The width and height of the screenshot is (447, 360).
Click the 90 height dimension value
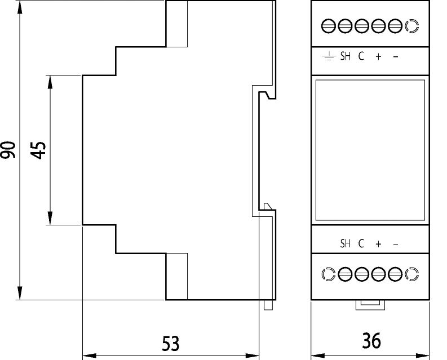click(8, 150)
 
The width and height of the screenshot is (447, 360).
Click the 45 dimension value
click(38, 150)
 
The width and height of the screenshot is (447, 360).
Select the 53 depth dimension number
click(171, 344)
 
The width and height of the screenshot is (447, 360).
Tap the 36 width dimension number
click(371, 341)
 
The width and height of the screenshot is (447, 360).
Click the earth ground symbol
click(329, 56)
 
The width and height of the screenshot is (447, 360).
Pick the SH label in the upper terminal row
click(345, 56)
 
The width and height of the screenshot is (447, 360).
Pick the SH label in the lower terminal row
click(345, 244)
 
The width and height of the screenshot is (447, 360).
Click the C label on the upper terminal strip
click(361, 56)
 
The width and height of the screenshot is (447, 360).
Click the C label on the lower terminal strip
click(361, 244)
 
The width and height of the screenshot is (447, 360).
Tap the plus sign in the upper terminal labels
click(378, 57)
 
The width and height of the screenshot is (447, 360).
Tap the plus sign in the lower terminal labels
click(378, 245)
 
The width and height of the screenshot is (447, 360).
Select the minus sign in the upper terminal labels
click(395, 57)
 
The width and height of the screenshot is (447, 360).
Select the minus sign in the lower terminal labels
click(395, 245)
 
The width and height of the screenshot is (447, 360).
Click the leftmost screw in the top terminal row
click(329, 26)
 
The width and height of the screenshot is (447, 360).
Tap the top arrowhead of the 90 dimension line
click(20, 7)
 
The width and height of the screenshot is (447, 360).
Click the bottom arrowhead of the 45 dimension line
click(50, 218)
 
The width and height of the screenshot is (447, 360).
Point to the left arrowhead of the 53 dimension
click(89, 355)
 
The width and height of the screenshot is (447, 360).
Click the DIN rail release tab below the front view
click(370, 305)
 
